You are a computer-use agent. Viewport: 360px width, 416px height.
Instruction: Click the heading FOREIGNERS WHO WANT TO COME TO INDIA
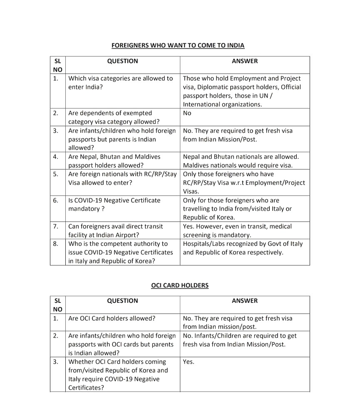[x=178, y=45]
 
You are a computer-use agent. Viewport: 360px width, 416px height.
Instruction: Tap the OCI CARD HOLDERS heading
[x=179, y=285]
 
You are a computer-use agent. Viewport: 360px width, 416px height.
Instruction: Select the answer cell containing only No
[x=187, y=113]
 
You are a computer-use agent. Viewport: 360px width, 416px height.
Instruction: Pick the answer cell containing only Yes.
[x=189, y=362]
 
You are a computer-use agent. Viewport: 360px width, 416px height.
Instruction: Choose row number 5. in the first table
[x=56, y=174]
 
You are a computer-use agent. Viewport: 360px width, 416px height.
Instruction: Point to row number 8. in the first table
[x=56, y=244]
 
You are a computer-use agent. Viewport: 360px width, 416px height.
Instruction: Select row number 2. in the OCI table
[x=56, y=336]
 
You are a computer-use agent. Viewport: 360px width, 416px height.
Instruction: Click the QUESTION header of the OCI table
[x=122, y=301]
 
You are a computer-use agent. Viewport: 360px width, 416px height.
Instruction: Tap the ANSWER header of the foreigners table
[x=245, y=61]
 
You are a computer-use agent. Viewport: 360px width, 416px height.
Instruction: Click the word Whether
[x=82, y=362]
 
